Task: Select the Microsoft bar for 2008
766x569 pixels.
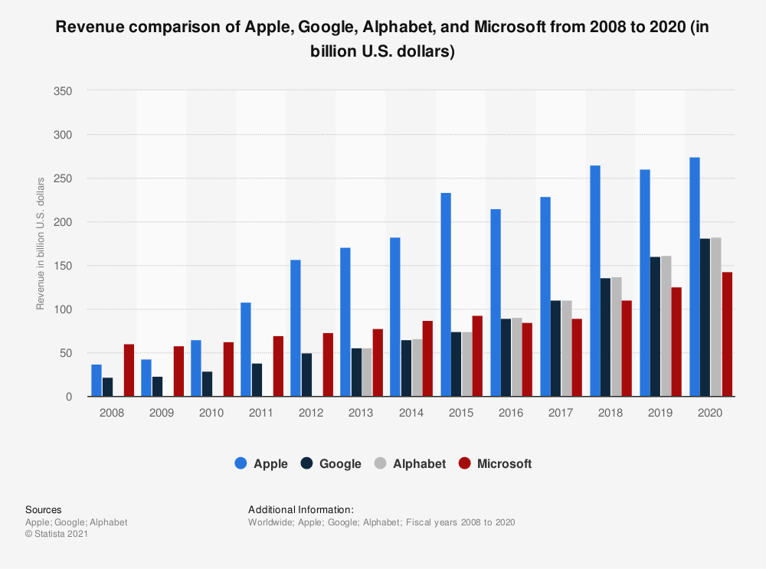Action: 129,371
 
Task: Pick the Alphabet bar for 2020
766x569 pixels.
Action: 716,317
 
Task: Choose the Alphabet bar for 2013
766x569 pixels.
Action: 367,373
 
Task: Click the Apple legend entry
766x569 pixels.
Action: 261,463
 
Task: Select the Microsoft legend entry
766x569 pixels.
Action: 494,463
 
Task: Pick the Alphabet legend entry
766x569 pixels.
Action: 410,463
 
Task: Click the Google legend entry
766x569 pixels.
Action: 332,463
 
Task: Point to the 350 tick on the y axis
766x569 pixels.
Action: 63,91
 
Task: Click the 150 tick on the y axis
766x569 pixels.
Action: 63,266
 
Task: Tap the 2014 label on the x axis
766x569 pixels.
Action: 411,413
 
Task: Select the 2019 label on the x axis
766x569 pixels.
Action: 660,413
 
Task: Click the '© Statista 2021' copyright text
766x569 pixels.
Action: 57,535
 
